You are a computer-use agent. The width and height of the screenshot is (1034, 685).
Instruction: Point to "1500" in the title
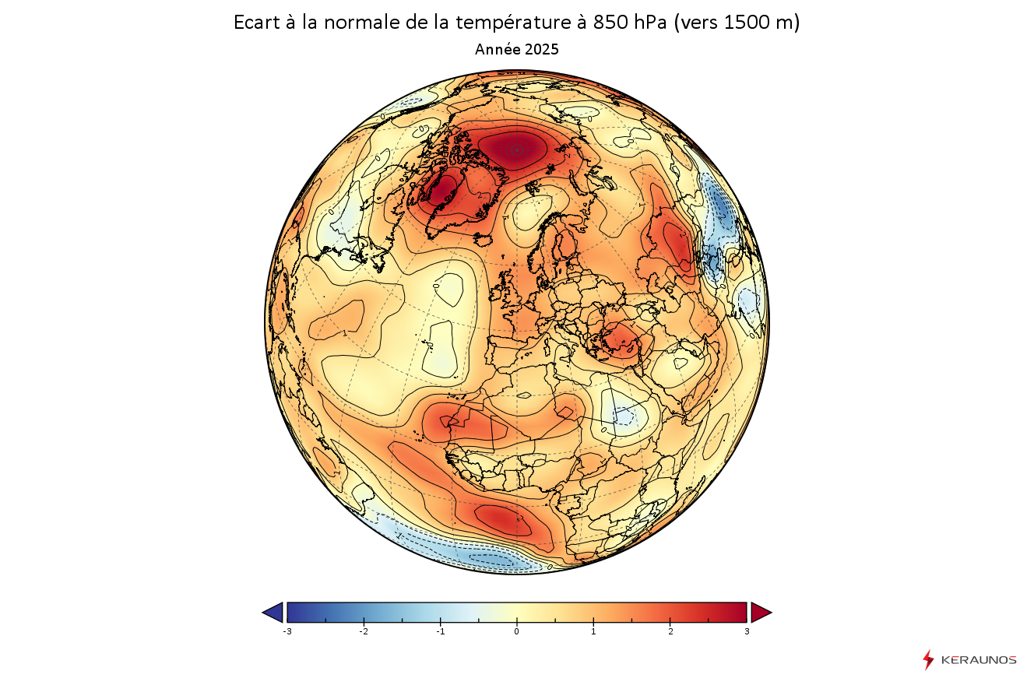tap(744, 23)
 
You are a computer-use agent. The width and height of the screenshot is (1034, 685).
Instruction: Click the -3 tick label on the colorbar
tap(287, 631)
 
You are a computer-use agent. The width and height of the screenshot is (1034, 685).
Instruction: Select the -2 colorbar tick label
tap(363, 631)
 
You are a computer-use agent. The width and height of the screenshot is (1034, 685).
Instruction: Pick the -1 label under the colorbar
tap(439, 631)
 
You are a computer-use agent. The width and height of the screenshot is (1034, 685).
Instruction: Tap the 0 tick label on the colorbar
tap(516, 631)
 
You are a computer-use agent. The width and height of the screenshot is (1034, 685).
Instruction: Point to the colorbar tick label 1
tap(593, 631)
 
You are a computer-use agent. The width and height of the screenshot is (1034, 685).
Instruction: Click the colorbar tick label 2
tap(670, 631)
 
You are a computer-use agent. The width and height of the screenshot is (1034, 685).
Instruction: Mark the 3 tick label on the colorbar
tap(747, 631)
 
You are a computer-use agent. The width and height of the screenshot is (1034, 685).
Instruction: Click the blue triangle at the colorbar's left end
tap(273, 613)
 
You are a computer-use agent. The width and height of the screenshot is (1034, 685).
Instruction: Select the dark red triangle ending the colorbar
tap(760, 613)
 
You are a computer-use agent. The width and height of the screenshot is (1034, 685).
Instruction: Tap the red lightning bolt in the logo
tap(927, 660)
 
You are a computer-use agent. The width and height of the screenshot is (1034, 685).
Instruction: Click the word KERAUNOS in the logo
tap(979, 660)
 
